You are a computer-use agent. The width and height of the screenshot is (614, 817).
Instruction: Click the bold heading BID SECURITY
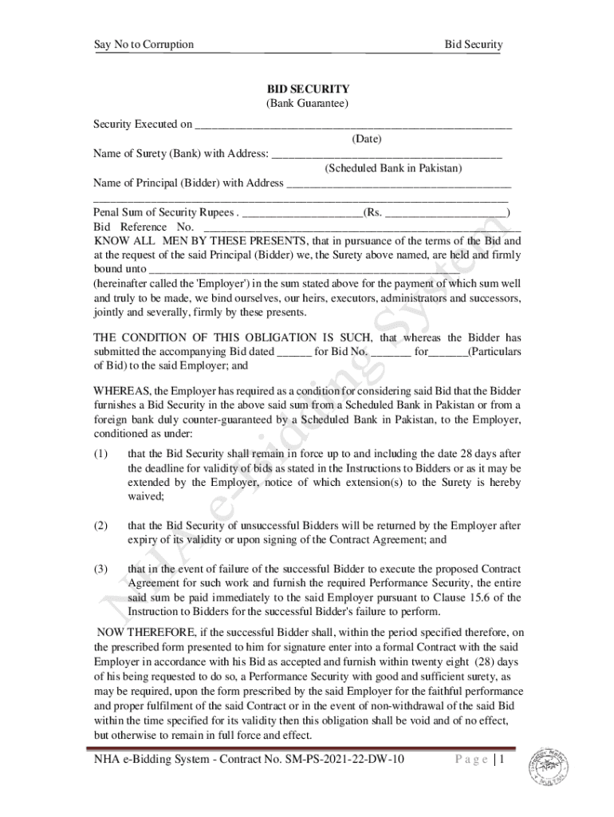click(307, 89)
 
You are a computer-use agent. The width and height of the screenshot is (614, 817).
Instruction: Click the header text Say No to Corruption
click(144, 44)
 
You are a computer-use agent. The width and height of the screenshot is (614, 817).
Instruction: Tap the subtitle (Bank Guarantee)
click(307, 104)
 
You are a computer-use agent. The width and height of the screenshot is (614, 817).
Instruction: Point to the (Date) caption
click(367, 140)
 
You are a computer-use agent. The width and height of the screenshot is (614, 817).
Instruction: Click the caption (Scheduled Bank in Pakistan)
click(393, 168)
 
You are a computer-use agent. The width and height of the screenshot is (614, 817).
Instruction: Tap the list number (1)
click(100, 454)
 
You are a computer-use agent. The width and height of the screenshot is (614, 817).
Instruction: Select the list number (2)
click(100, 526)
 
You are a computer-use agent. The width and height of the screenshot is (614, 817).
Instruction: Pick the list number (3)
click(100, 569)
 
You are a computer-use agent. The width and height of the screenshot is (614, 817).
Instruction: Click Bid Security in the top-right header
click(473, 44)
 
